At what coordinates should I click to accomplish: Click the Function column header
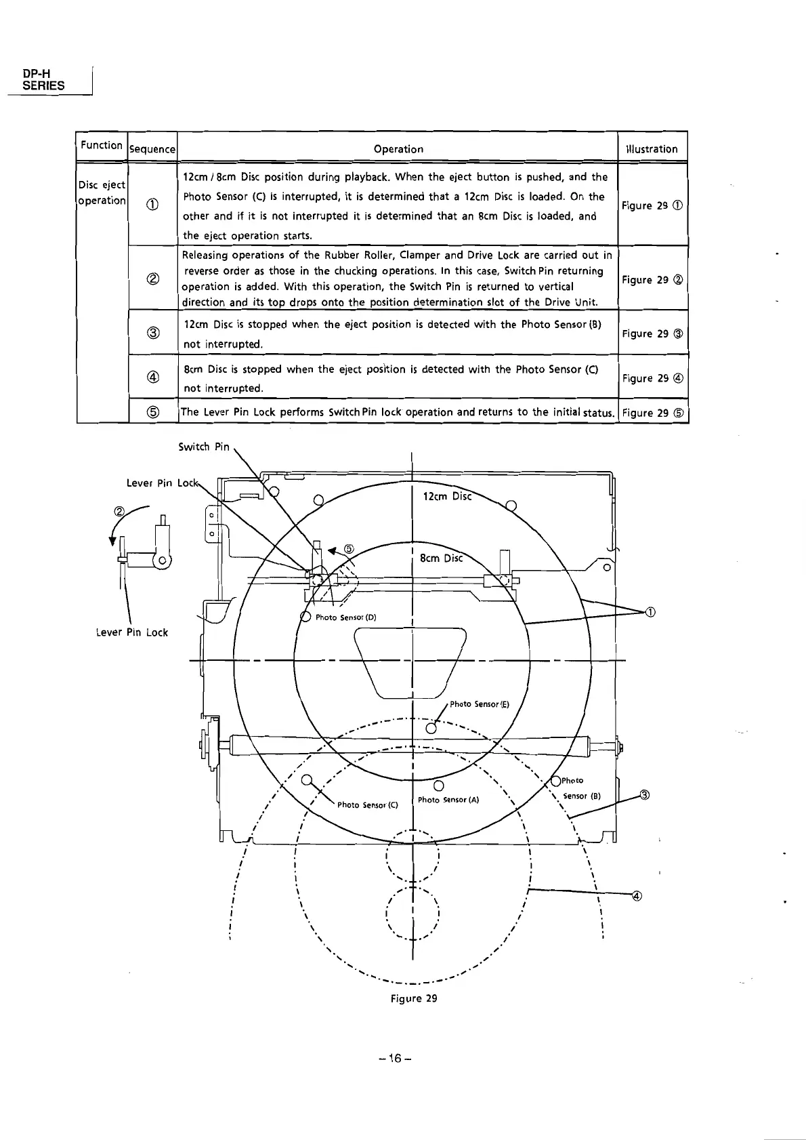[101, 145]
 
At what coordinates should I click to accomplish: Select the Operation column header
[398, 149]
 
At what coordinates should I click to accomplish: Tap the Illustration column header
[652, 149]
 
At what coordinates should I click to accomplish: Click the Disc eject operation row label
[102, 192]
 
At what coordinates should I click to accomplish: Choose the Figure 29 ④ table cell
[653, 378]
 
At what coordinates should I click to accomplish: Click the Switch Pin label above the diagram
[204, 447]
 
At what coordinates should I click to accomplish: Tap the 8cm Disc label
[441, 558]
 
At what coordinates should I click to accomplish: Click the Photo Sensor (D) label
[345, 617]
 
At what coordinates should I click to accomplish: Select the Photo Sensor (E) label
[479, 704]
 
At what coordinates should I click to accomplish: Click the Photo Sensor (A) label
[448, 800]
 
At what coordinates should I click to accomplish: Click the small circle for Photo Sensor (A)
[438, 786]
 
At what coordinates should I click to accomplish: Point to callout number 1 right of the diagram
[650, 613]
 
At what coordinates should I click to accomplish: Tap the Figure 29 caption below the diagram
[413, 998]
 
